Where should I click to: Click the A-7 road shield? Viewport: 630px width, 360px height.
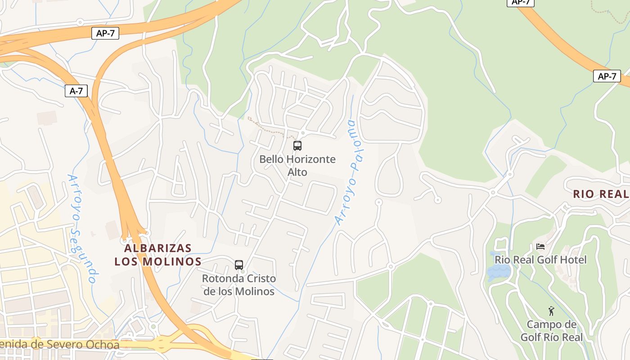coord(76,91)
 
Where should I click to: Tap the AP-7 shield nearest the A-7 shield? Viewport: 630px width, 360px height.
coord(105,33)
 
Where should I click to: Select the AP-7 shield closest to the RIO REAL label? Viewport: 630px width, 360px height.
coord(607,76)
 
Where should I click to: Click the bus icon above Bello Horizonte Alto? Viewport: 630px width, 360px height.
coord(297,145)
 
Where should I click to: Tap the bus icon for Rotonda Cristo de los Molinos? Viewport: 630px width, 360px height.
coord(239,265)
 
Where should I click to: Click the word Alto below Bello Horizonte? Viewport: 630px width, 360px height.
coord(297,172)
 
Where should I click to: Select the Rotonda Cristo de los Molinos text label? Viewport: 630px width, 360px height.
coord(238,285)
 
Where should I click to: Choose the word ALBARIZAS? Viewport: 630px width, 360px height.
coord(158,248)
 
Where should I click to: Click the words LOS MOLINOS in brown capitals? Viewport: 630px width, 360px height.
coord(158,261)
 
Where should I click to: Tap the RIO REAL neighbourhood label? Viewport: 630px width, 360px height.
coord(601,194)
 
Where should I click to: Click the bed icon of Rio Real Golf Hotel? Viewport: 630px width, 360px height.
coord(540,246)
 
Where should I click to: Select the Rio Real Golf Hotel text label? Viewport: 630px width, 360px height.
coord(540,260)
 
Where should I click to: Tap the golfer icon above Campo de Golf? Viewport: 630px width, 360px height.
coord(551,311)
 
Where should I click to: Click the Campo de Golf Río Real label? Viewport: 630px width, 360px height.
coord(551,331)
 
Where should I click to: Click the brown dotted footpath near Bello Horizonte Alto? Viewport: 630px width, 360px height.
coord(268,128)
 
